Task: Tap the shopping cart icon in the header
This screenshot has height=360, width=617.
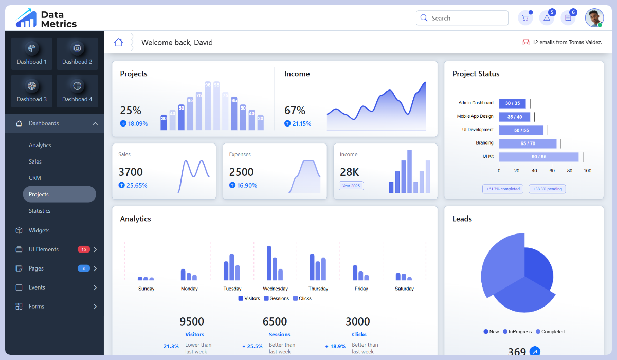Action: pyautogui.click(x=525, y=18)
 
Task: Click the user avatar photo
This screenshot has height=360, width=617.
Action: pyautogui.click(x=594, y=18)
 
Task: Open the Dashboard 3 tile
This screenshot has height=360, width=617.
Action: pyautogui.click(x=32, y=91)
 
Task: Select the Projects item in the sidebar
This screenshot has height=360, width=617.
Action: pyautogui.click(x=59, y=194)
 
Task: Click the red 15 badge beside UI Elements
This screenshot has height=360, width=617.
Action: pyautogui.click(x=83, y=249)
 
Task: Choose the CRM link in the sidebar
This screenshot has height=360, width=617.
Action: pyautogui.click(x=35, y=178)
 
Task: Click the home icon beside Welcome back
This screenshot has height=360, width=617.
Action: pyautogui.click(x=119, y=42)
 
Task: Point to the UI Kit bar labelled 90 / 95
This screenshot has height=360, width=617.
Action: pyautogui.click(x=538, y=157)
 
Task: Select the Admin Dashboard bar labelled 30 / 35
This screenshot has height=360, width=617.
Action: pyautogui.click(x=512, y=103)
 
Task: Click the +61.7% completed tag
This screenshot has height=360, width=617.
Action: pyautogui.click(x=502, y=189)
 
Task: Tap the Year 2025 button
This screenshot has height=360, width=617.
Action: pyautogui.click(x=351, y=186)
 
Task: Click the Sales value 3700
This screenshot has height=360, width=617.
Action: pyautogui.click(x=131, y=172)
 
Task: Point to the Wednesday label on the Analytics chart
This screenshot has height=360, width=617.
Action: pyautogui.click(x=275, y=289)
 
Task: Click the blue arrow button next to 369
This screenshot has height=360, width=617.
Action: pyautogui.click(x=535, y=352)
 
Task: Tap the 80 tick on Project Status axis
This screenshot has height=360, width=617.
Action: pyautogui.click(x=570, y=171)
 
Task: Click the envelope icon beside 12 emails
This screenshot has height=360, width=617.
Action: pyautogui.click(x=526, y=42)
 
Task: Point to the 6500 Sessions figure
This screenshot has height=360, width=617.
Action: pyautogui.click(x=275, y=322)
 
